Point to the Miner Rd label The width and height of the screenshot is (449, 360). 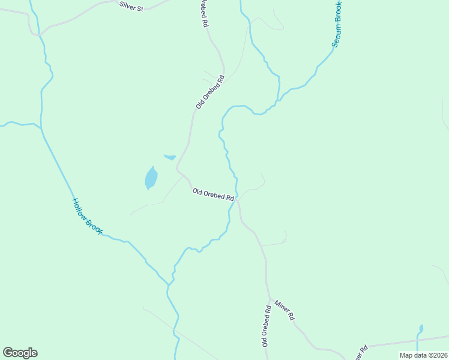click(x=285, y=308)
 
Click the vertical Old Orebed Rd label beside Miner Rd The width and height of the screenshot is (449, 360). click(x=265, y=326)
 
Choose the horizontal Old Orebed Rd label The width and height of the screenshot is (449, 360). click(x=212, y=194)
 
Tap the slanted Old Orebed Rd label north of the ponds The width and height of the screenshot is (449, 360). click(x=210, y=92)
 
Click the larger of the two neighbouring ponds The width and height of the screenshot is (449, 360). click(x=151, y=178)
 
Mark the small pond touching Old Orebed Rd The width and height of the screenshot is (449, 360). click(x=170, y=158)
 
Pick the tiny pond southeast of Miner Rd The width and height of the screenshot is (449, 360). click(x=420, y=329)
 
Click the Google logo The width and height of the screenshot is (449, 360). click(x=20, y=352)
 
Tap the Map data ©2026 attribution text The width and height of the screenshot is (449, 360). click(x=423, y=355)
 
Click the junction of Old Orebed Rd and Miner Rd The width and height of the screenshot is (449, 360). click(x=269, y=298)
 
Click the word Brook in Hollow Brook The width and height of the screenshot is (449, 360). click(x=94, y=225)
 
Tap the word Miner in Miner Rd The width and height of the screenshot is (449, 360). click(x=282, y=305)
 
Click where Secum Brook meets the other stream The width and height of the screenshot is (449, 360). click(x=279, y=101)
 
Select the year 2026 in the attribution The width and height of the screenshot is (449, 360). click(x=438, y=355)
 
